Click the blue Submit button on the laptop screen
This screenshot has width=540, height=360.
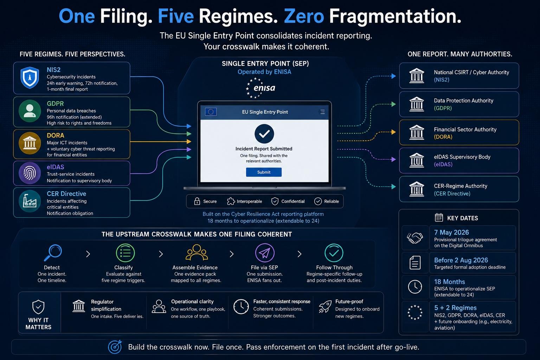point(264,172)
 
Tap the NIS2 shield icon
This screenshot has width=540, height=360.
point(30,78)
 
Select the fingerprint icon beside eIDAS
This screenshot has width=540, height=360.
point(30,173)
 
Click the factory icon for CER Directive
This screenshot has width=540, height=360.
point(30,201)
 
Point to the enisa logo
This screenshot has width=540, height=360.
point(261,88)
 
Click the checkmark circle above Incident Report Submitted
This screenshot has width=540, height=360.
point(264,134)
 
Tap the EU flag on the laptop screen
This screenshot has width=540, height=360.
point(211,112)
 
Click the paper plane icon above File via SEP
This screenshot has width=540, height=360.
point(265,253)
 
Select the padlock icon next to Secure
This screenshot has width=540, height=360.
point(197,201)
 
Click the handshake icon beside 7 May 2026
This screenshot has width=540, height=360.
point(415,238)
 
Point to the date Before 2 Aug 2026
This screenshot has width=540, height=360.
point(461,260)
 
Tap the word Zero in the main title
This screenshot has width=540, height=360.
point(304,16)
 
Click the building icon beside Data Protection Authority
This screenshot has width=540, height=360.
point(417,104)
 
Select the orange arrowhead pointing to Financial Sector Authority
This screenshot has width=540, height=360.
point(393,132)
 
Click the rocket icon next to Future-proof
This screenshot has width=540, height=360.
point(325,307)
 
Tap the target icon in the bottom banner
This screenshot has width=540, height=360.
point(115,347)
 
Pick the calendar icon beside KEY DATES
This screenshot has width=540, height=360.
point(439,218)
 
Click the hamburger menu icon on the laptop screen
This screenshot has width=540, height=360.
point(322,112)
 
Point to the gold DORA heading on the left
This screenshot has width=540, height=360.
point(56,135)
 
